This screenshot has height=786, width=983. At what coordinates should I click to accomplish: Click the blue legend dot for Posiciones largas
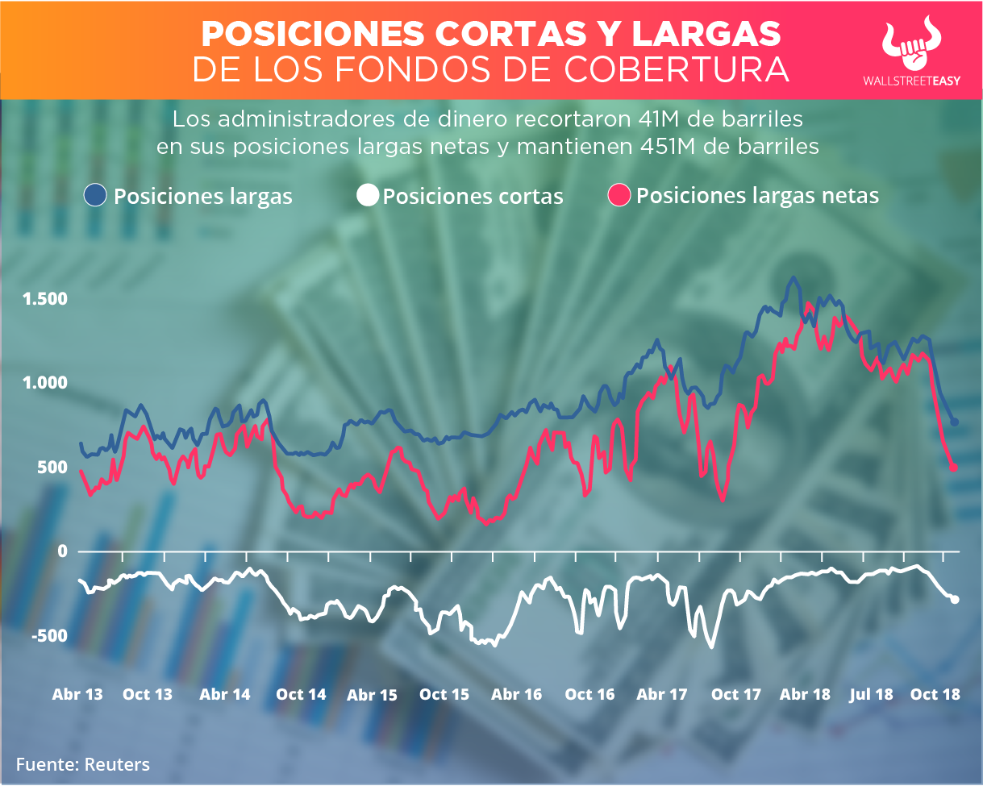pyautogui.click(x=97, y=196)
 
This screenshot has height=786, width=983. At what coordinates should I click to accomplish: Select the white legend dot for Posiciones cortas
pyautogui.click(x=368, y=196)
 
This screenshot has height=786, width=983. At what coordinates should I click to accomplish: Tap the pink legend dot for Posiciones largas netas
pyautogui.click(x=620, y=196)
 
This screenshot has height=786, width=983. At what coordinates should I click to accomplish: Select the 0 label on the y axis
pyautogui.click(x=60, y=551)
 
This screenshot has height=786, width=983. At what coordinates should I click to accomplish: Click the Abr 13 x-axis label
pyautogui.click(x=77, y=694)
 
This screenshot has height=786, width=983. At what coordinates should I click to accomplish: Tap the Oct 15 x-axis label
pyautogui.click(x=444, y=694)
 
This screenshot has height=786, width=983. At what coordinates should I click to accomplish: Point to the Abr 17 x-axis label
pyautogui.click(x=662, y=694)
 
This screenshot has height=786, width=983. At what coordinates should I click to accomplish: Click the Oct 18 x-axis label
pyautogui.click(x=935, y=694)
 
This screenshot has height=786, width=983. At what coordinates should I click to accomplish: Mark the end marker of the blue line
pyautogui.click(x=954, y=422)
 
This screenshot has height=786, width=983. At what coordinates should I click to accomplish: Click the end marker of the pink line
pyautogui.click(x=954, y=468)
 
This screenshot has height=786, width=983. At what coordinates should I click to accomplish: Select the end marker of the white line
pyautogui.click(x=955, y=599)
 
